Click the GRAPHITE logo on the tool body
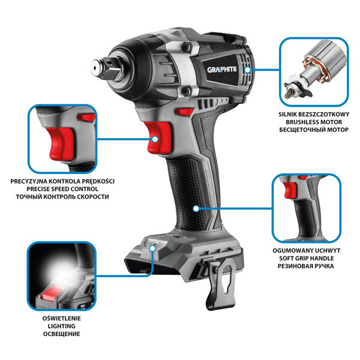tap(222, 70)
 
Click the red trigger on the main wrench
tap(158, 137)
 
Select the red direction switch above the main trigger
tap(184, 112)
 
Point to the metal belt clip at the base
tap(221, 284)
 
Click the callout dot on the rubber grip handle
tap(196, 208)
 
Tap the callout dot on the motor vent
tap(247, 70)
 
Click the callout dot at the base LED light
tap(152, 248)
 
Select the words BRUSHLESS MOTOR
tap(314, 122)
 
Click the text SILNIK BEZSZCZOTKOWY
tap(314, 114)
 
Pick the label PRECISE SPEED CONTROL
tap(62, 189)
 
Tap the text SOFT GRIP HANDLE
tap(306, 258)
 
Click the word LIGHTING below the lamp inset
tap(62, 326)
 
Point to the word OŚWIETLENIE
tap(62, 318)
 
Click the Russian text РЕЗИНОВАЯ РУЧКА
tap(306, 266)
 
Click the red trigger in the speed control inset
tap(61, 144)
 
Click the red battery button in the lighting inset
tap(50, 293)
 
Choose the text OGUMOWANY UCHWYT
tap(306, 250)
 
